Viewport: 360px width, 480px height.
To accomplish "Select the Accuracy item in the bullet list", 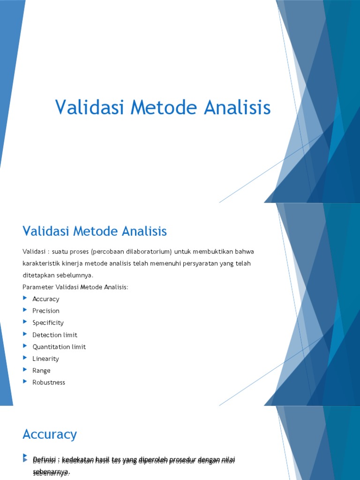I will point(46,299).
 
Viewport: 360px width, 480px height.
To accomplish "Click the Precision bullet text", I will point(46,311).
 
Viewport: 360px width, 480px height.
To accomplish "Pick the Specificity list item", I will point(48,323).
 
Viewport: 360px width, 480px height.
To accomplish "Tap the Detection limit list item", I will point(55,335).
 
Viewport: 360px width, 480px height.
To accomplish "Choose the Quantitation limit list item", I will point(59,347).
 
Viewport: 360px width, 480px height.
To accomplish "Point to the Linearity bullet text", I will point(45,359).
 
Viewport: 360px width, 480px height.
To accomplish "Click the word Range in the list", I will point(41,370).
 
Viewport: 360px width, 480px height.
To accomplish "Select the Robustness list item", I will point(49,382).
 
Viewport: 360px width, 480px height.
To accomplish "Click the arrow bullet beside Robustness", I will point(25,382).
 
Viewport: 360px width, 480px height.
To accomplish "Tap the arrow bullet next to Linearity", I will point(25,358).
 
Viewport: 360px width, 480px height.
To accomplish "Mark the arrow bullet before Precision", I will point(25,310).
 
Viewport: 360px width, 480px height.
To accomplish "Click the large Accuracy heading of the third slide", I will point(50,435).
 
